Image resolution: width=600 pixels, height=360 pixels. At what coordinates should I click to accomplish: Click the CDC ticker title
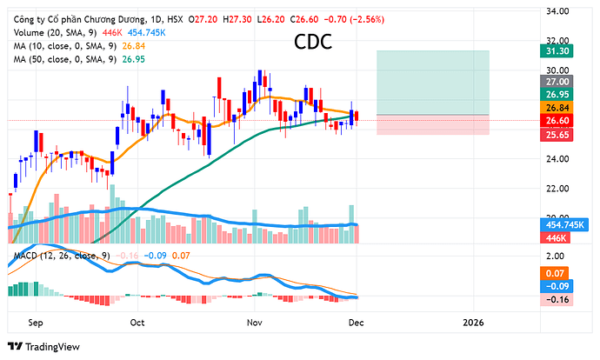(312, 42)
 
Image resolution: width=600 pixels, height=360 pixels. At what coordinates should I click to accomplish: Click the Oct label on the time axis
(137, 321)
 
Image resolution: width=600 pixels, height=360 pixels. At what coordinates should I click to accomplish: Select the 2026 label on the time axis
(473, 321)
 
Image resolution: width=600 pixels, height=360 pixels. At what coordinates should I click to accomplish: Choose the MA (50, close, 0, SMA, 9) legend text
(63, 58)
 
